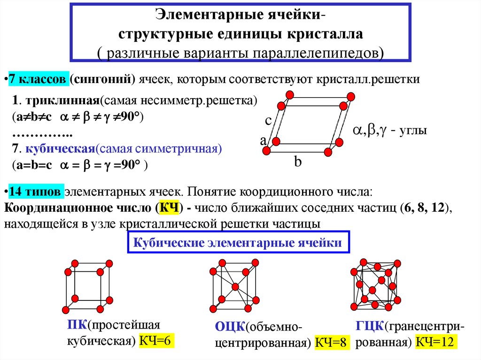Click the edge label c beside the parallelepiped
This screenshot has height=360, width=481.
click(x=268, y=121)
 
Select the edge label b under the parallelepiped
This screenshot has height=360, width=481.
click(x=298, y=162)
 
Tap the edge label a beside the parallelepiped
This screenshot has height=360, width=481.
click(x=263, y=140)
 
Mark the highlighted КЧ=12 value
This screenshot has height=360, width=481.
click(x=436, y=342)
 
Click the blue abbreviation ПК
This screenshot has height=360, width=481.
click(x=77, y=325)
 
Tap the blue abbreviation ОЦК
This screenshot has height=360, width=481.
click(x=229, y=327)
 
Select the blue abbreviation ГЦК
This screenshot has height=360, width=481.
click(x=370, y=326)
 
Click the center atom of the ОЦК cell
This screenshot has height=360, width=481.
click(x=235, y=286)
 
